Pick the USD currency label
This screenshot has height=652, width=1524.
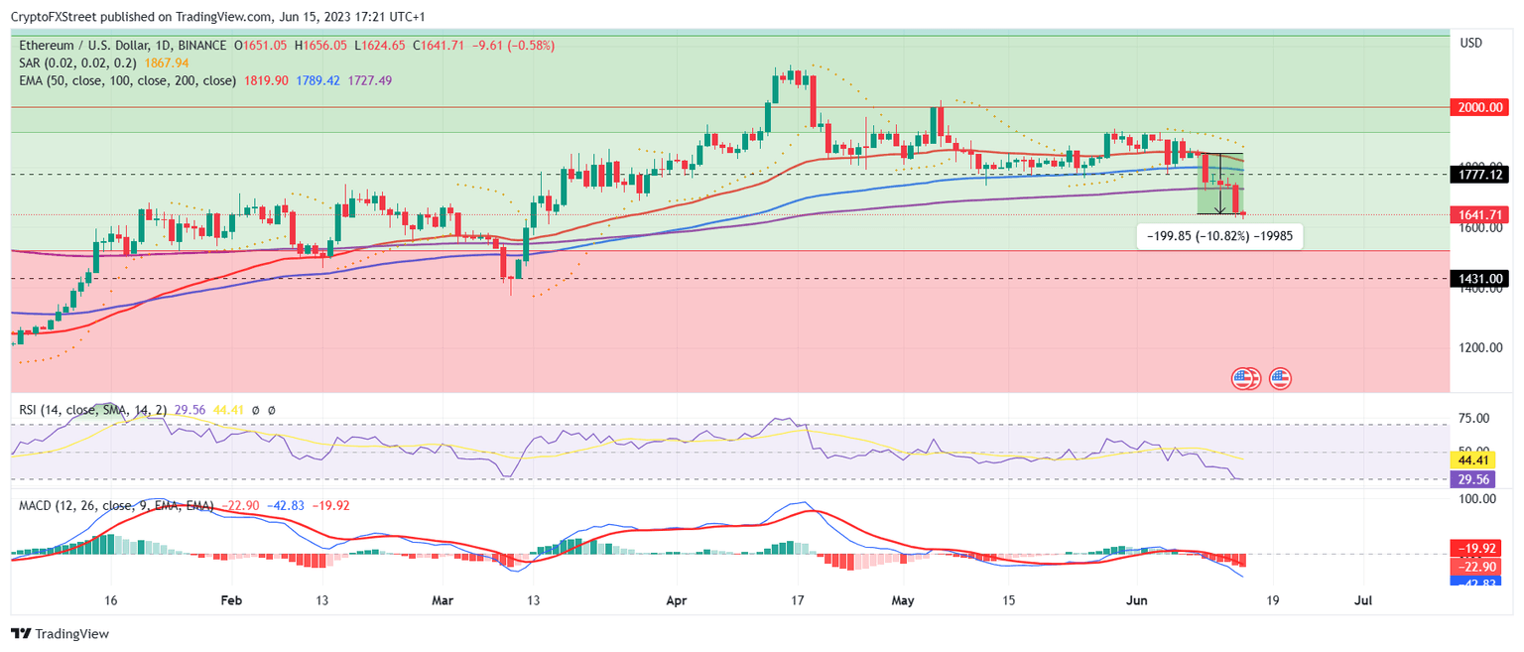click(x=1470, y=43)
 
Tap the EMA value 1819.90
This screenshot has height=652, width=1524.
click(x=264, y=80)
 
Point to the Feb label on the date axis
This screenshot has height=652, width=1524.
click(x=230, y=600)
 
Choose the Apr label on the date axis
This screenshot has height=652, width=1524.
click(x=677, y=600)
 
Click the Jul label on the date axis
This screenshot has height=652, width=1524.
click(x=1363, y=600)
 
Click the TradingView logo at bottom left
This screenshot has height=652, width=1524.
click(x=61, y=633)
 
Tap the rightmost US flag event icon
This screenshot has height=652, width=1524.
click(x=1280, y=377)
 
